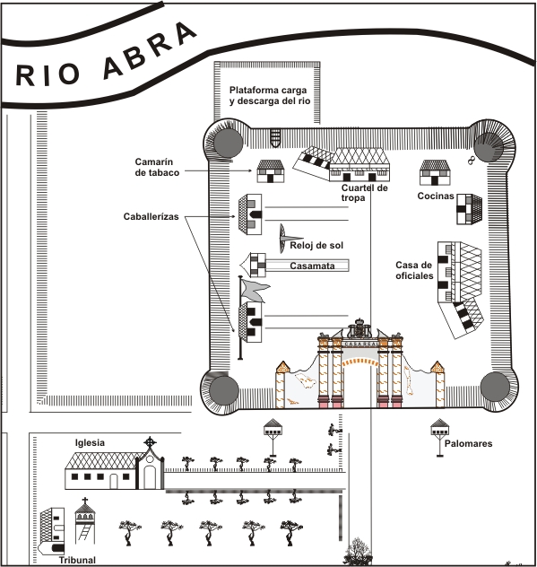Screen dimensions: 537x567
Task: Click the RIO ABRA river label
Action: pos(106,56)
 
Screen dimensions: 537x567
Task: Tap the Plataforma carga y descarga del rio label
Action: pos(270,95)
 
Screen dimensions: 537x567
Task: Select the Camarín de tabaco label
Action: pos(157,167)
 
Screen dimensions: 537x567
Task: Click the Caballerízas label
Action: pos(151,216)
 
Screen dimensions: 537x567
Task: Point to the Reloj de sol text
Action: pos(316,246)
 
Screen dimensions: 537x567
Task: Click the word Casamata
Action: pos(312,266)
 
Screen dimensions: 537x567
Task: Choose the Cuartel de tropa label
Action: pos(364,193)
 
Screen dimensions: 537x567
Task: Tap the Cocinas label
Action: pos(436,196)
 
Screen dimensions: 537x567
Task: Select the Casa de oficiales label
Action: pos(414,270)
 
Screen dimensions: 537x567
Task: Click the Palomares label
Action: pos(468,444)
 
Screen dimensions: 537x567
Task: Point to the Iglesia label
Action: pos(90,442)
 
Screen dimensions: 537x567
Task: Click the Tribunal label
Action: pos(77,560)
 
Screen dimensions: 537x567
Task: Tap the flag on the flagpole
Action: pos(256,289)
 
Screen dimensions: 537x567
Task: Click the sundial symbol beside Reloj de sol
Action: pos(285,239)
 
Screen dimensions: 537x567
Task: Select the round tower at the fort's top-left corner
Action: pos(228,143)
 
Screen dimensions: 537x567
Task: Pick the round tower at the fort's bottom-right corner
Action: pos(495,387)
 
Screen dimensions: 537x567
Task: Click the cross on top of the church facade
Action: pos(150,442)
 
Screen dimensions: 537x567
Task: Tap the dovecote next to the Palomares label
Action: pos(439,438)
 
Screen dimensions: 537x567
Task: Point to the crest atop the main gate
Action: pos(359,328)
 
